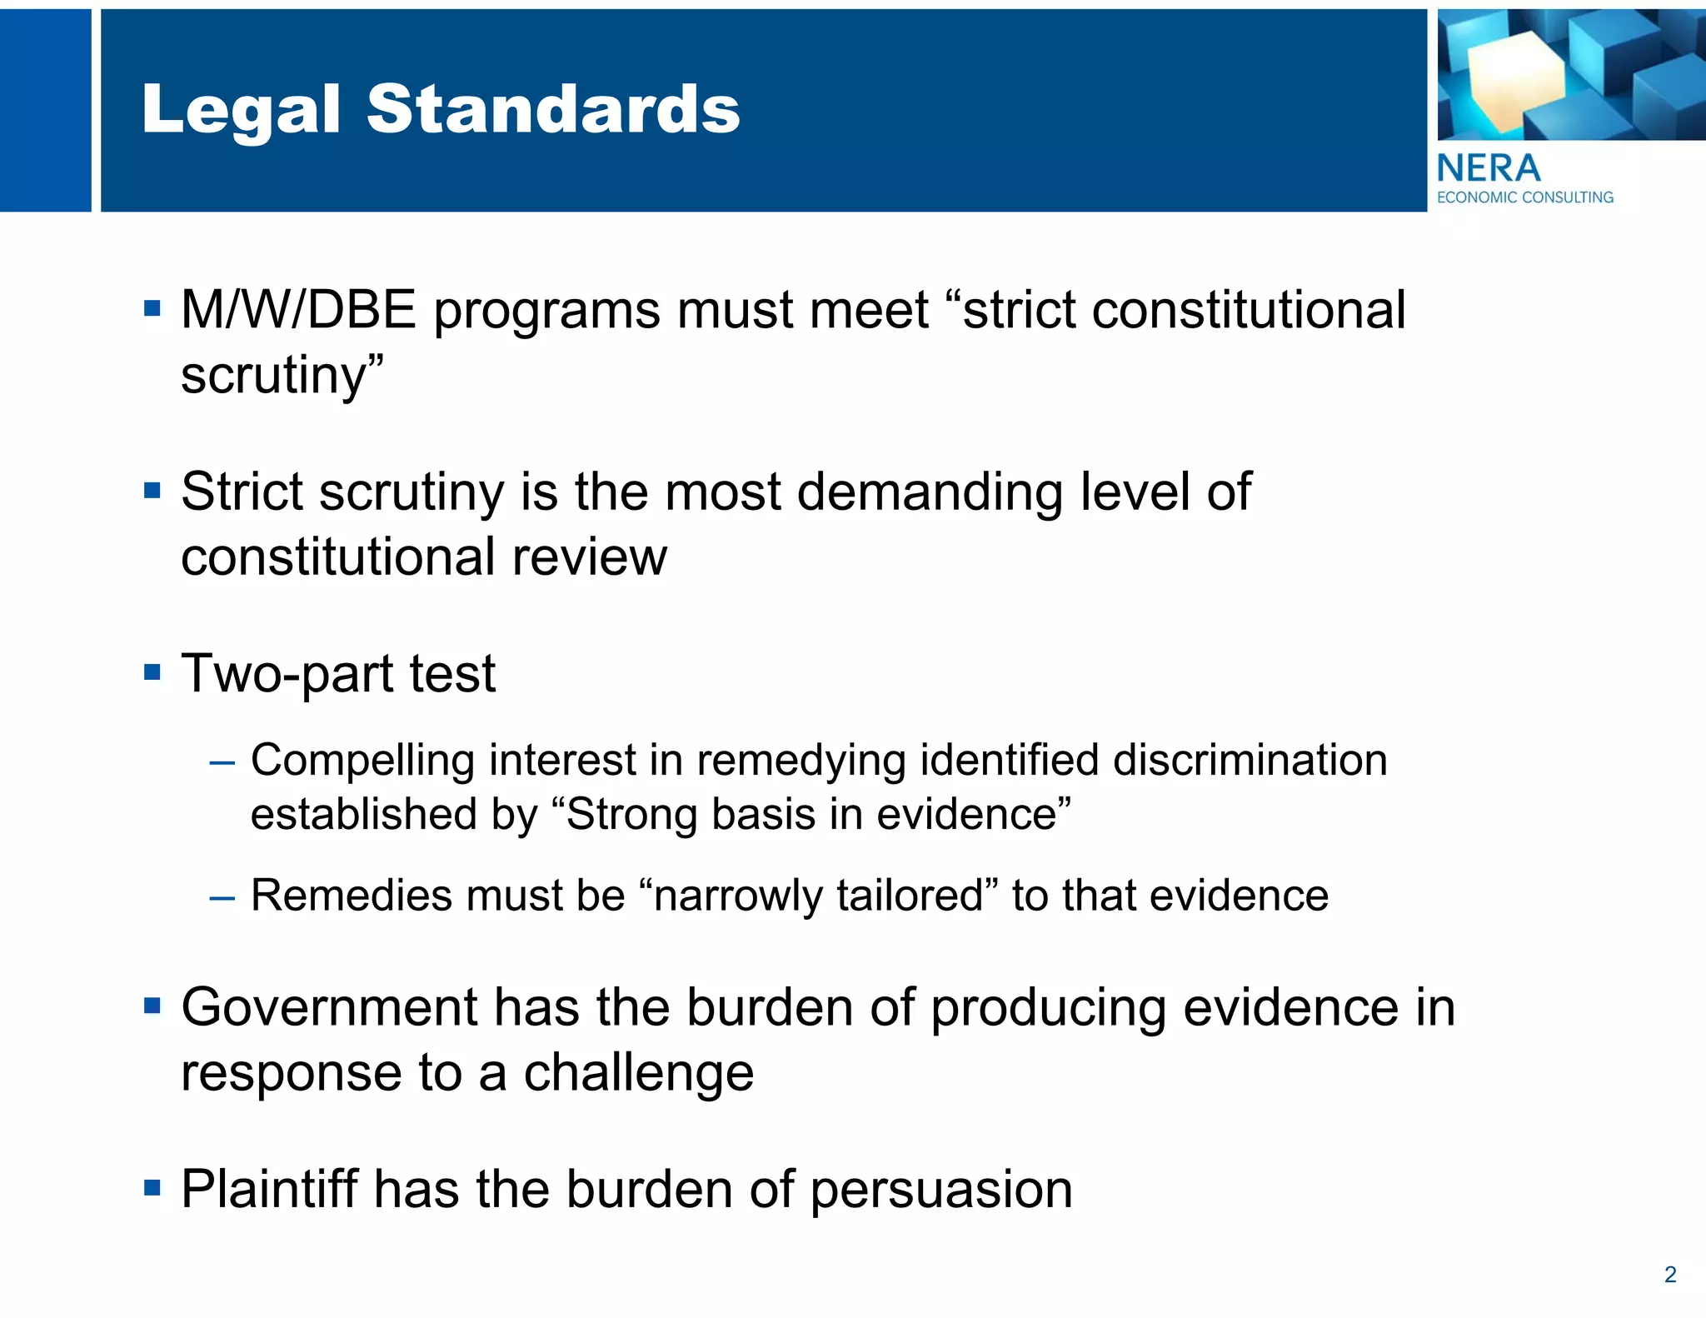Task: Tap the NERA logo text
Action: pos(1489,169)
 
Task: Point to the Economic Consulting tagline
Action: pos(1525,197)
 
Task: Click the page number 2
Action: pos(1669,1274)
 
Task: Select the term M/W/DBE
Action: pos(298,310)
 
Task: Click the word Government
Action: pos(328,1007)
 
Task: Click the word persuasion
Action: pos(941,1190)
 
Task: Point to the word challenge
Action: pos(639,1072)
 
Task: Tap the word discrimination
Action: pos(1250,760)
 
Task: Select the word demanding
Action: pos(930,492)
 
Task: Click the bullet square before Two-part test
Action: pos(152,671)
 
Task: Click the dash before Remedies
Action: pos(222,898)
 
